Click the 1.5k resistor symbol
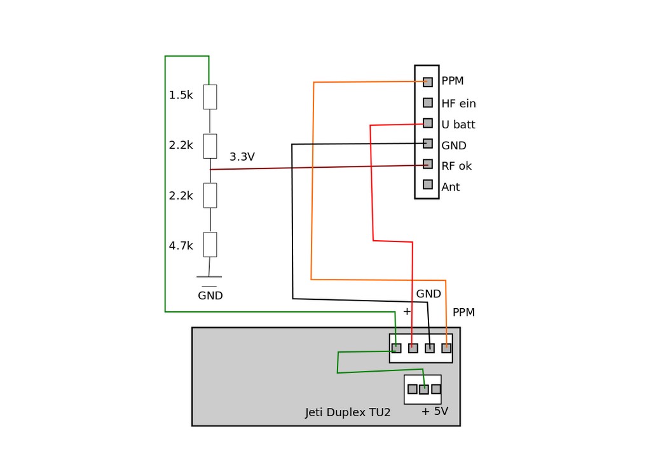(210, 97)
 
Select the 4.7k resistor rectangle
(210, 244)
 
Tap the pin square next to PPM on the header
(428, 82)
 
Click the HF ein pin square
(428, 102)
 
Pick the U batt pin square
(428, 123)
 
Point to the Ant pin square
(428, 184)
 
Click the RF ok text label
(456, 166)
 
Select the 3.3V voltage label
(242, 156)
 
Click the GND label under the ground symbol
(210, 295)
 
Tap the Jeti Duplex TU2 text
(348, 412)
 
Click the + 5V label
(434, 411)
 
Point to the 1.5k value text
(181, 95)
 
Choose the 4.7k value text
(181, 245)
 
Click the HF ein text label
(458, 103)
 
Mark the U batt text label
(458, 125)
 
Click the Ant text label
(450, 187)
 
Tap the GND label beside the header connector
(453, 145)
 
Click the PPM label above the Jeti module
(463, 312)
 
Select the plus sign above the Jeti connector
(407, 311)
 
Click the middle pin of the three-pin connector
(424, 389)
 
